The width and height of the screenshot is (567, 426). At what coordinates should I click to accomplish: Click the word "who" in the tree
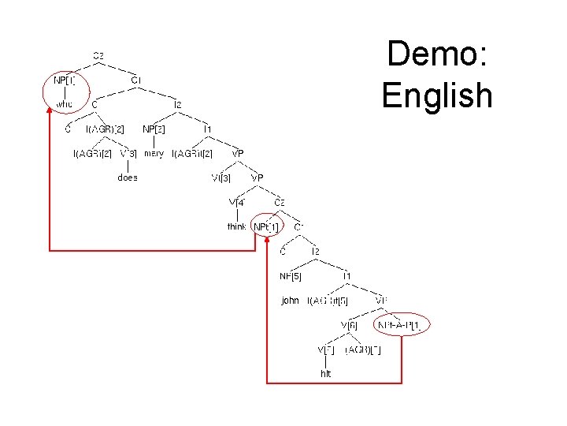(65, 103)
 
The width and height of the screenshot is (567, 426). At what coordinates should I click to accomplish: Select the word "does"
(128, 177)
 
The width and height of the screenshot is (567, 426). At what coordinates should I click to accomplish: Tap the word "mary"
(154, 153)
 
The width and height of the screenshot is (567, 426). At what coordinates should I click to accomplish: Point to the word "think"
(236, 226)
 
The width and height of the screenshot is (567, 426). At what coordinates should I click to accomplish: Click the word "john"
(290, 301)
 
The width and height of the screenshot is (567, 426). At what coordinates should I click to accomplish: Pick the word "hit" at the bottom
(326, 373)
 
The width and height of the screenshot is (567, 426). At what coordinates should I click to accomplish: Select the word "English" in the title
(437, 96)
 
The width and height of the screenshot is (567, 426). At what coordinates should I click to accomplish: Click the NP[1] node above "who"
(65, 80)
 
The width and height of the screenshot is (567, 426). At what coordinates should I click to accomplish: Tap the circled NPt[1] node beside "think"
(266, 227)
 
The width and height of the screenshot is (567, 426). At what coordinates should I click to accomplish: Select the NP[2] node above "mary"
(154, 128)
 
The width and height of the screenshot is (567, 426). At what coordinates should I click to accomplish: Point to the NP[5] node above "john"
(291, 276)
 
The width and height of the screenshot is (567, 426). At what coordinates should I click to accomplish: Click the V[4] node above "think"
(237, 203)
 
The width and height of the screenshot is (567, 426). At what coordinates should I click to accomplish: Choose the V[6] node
(350, 324)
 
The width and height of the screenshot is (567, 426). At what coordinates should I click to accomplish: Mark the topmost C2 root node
(98, 55)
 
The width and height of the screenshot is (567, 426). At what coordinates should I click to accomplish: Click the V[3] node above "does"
(128, 153)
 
